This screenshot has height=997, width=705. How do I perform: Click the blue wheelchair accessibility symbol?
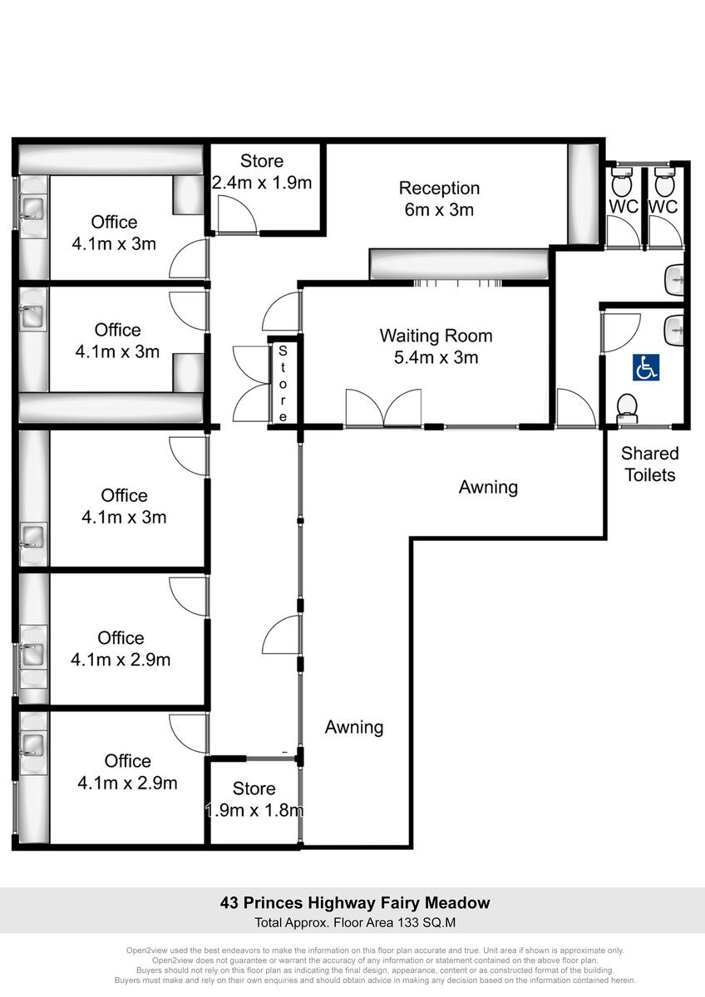646,367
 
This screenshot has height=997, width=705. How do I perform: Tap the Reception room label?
439,199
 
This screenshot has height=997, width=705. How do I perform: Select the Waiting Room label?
436,346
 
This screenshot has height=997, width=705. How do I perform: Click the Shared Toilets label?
650,464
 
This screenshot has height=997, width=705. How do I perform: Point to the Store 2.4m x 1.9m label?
262,172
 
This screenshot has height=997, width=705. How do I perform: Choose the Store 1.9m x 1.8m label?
254,799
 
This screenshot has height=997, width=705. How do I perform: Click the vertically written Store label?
283,383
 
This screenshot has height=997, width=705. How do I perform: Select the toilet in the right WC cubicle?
666,181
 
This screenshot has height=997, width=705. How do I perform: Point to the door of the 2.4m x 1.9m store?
237,214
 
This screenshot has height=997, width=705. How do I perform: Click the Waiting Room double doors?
383,408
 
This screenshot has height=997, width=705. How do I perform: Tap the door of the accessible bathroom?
621,332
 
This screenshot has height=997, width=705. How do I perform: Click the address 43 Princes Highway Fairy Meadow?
355,902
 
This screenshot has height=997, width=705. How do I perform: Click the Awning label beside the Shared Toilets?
488,487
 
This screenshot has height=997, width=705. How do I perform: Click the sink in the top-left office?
33,207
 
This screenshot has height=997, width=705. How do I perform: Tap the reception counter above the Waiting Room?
459,264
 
